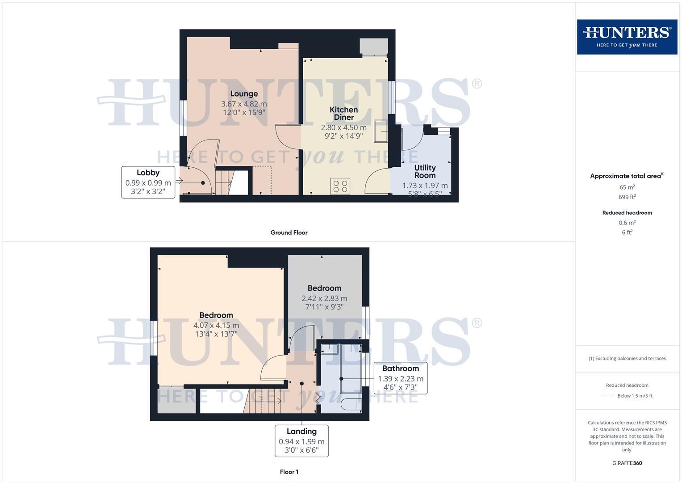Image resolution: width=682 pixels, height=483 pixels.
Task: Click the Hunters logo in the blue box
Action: [627, 37]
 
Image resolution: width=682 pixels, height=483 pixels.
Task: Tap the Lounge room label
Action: [244, 94]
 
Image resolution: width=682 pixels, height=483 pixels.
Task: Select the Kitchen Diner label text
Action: [343, 113]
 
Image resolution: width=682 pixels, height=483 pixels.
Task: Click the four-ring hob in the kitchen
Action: [340, 186]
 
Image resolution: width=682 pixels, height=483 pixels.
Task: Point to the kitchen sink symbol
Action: [381, 131]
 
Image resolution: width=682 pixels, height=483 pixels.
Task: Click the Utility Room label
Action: [425, 171]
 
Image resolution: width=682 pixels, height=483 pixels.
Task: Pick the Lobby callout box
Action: [148, 182]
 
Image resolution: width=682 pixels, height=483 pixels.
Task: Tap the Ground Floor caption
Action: [289, 233]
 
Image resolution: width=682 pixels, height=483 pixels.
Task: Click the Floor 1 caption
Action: [289, 472]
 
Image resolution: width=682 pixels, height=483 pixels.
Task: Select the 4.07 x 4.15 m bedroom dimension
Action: [216, 325]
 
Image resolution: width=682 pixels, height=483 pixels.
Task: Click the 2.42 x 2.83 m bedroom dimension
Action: [324, 298]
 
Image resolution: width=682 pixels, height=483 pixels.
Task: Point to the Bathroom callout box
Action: [400, 378]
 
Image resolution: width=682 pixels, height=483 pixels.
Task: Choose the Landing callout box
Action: [301, 441]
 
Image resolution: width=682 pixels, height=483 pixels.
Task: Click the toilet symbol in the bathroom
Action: [351, 405]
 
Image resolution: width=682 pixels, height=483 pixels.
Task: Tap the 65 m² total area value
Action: [627, 187]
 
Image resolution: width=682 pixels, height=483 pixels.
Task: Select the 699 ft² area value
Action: [627, 197]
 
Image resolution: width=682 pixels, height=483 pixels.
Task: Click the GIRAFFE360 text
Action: [627, 463]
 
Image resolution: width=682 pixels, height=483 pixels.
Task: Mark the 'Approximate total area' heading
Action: [627, 176]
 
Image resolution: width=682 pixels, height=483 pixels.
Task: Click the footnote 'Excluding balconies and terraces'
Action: [627, 358]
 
